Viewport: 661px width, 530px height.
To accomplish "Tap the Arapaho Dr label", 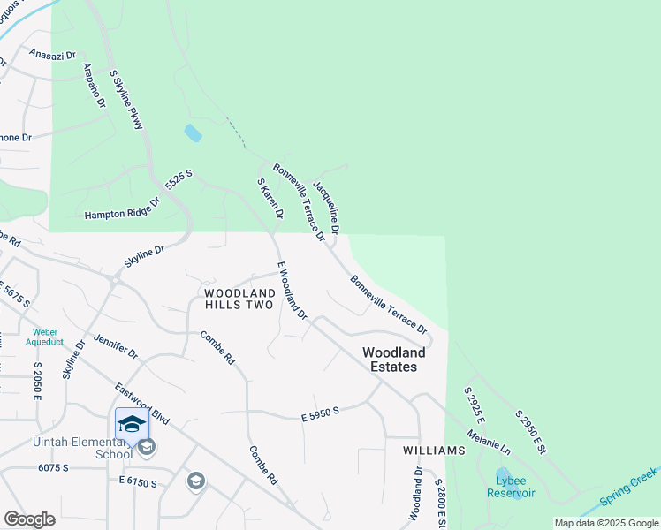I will tap(94, 86).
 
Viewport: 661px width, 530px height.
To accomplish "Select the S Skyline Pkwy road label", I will tap(125, 101).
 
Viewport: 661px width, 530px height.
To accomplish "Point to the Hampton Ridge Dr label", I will tap(122, 209).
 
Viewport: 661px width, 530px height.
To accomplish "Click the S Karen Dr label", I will tap(270, 199).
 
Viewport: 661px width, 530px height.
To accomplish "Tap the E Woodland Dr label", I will tap(292, 291).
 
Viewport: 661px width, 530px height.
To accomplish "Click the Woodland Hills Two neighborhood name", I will tap(239, 299).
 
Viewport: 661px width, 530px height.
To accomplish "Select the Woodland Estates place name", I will tap(394, 359).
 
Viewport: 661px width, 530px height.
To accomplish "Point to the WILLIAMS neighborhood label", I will tap(434, 450).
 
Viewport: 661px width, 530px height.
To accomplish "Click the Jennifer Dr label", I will tap(116, 346).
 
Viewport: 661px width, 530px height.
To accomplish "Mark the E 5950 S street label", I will tap(320, 410).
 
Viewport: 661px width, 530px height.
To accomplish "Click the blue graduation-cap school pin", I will tap(132, 425).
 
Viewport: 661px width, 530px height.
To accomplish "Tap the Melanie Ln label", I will tap(498, 437).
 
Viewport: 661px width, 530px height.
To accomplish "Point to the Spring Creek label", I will tap(629, 488).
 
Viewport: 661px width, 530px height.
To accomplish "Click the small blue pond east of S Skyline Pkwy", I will tap(192, 133).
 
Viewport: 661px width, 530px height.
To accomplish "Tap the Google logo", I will tap(29, 519).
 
